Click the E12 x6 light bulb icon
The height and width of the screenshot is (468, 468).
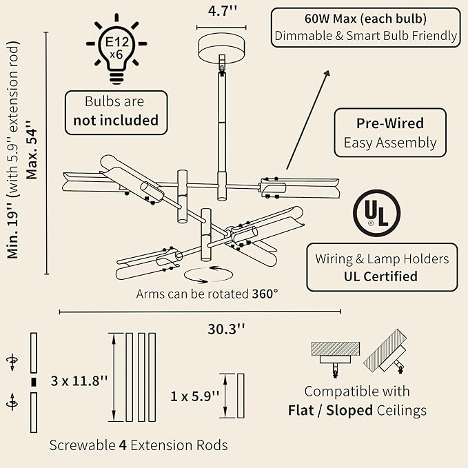116,49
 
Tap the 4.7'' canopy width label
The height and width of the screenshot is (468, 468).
223,11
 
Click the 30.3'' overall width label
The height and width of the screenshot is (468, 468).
226,329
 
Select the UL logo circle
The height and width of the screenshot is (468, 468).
376,213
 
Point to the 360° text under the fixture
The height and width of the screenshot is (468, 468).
265,294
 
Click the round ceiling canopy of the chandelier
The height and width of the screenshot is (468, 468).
221,49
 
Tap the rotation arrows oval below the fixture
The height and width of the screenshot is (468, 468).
208,275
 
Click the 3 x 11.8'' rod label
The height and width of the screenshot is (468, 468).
79,381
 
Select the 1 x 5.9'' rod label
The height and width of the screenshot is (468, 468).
195,396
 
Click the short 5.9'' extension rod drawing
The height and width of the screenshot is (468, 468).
241,396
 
